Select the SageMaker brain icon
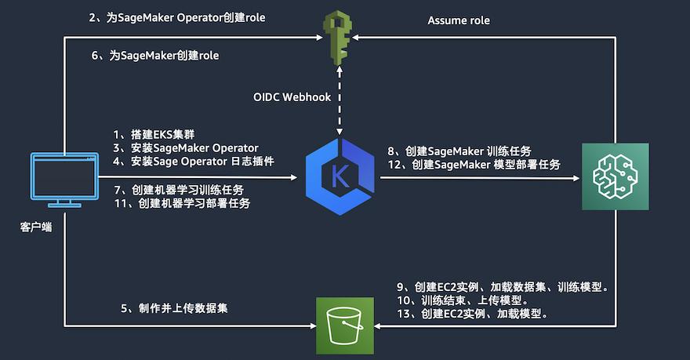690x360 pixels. pos(615,176)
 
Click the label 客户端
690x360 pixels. pos(36,227)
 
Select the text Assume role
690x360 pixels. pos(459,20)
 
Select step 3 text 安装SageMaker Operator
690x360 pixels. pos(185,148)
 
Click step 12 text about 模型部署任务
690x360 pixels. pos(474,165)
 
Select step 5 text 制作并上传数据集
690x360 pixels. pos(174,309)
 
